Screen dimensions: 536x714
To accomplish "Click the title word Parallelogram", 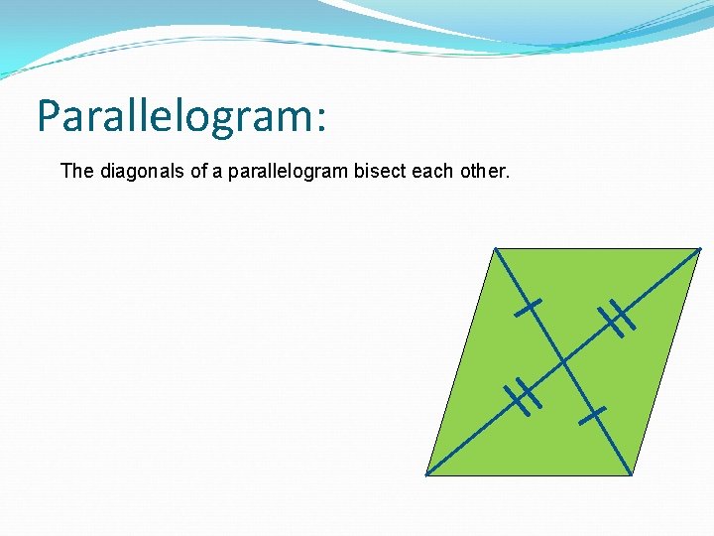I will [174, 116].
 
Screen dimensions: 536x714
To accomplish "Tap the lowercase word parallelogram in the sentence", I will [285, 171].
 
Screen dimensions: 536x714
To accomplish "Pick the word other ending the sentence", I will [483, 171].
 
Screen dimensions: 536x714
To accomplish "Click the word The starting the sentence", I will [76, 171].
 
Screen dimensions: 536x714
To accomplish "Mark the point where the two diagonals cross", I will [563, 361].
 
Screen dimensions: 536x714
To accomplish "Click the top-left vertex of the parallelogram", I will [494, 248].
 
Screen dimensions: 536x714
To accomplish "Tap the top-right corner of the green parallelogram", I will [700, 248].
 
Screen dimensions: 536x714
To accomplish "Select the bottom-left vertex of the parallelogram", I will [426, 474].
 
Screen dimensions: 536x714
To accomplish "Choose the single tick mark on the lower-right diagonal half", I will [593, 414].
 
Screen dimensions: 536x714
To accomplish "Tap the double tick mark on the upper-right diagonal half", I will [616, 318].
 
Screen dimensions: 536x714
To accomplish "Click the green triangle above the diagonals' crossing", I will [585, 288].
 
